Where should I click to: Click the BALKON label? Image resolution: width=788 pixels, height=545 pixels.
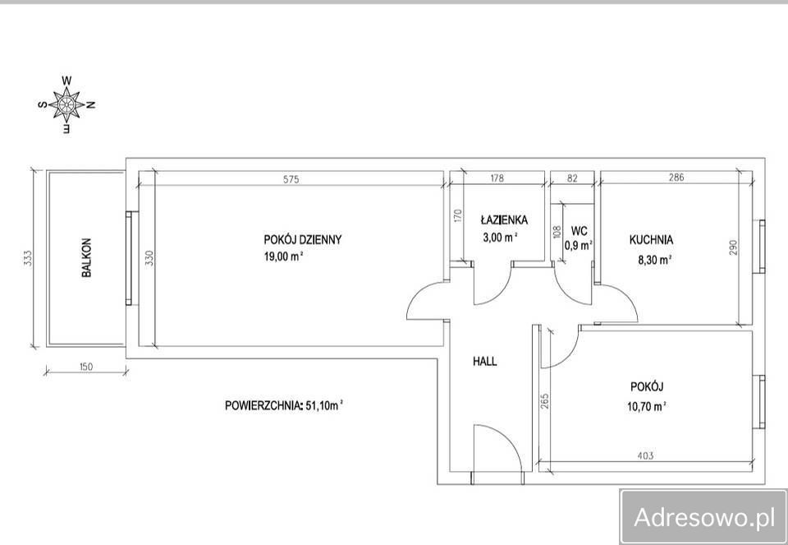pyautogui.click(x=86, y=257)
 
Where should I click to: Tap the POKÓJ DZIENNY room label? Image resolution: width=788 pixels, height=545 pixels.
pyautogui.click(x=303, y=239)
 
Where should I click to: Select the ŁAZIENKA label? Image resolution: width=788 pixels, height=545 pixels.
pyautogui.click(x=504, y=220)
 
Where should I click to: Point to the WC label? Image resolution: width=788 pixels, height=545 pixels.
pyautogui.click(x=579, y=231)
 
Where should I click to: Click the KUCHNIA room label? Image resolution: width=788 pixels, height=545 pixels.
pyautogui.click(x=651, y=240)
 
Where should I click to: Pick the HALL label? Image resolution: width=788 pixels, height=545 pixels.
pyautogui.click(x=485, y=361)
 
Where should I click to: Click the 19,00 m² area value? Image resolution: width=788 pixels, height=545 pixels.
pyautogui.click(x=283, y=256)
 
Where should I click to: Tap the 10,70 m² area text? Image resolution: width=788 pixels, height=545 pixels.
pyautogui.click(x=647, y=405)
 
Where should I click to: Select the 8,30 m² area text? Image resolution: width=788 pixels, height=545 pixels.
pyautogui.click(x=655, y=260)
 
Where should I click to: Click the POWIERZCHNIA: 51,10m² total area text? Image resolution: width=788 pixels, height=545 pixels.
pyautogui.click(x=284, y=405)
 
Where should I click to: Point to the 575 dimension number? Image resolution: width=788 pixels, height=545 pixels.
pyautogui.click(x=291, y=178)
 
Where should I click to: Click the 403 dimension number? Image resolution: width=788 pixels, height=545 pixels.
pyautogui.click(x=645, y=456)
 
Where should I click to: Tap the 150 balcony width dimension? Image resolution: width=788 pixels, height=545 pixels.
pyautogui.click(x=86, y=367)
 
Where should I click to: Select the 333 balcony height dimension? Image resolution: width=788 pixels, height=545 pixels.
pyautogui.click(x=28, y=258)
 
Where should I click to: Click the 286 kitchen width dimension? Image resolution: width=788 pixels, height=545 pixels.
pyautogui.click(x=676, y=177)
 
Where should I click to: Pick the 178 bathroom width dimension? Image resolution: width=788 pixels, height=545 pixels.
pyautogui.click(x=497, y=178)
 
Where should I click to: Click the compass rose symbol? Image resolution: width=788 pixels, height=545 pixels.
pyautogui.click(x=66, y=104)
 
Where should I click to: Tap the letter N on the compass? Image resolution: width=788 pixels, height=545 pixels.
pyautogui.click(x=91, y=104)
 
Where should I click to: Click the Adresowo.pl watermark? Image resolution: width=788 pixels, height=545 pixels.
pyautogui.click(x=704, y=517)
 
